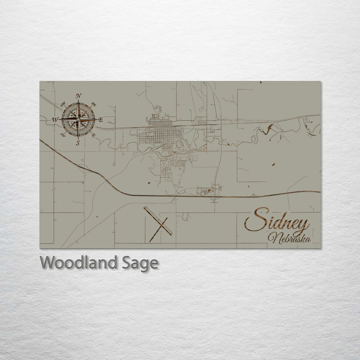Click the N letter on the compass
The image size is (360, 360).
[79, 96]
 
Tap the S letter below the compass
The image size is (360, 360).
[78, 143]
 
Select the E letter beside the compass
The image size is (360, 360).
[101, 120]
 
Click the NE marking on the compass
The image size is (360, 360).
[94, 104]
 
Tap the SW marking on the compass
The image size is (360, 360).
[63, 135]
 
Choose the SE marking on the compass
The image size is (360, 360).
[94, 135]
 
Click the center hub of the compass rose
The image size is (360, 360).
[78, 119]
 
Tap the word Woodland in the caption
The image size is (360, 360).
[79, 263]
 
